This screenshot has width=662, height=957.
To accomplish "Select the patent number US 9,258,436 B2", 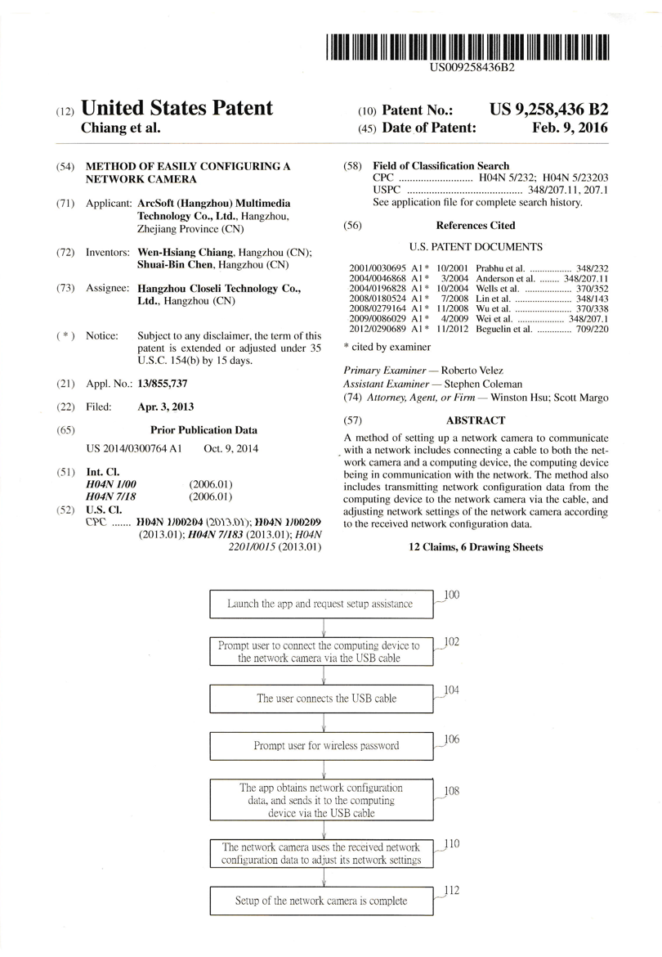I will (x=548, y=110).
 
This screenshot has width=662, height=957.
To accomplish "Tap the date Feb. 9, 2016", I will (x=570, y=128).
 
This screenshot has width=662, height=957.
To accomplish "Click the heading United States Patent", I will (x=177, y=109).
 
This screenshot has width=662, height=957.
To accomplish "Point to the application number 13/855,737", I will (x=163, y=383).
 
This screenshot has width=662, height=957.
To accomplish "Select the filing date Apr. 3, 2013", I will (x=166, y=407).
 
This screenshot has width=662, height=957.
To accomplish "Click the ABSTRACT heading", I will (x=476, y=420).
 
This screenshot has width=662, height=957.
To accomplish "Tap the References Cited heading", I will (x=476, y=225).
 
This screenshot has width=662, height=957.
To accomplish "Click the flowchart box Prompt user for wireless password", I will (x=326, y=745).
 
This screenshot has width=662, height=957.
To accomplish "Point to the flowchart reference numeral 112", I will (x=451, y=890).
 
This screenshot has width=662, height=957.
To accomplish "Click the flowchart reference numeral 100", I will (x=451, y=595).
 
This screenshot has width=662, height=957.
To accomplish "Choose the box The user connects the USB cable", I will (x=326, y=699).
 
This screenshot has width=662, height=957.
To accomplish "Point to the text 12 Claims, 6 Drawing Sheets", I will (x=476, y=547).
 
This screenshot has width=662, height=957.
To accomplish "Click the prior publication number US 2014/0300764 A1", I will (x=134, y=449).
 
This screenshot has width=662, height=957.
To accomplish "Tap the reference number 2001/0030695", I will (x=377, y=267).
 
